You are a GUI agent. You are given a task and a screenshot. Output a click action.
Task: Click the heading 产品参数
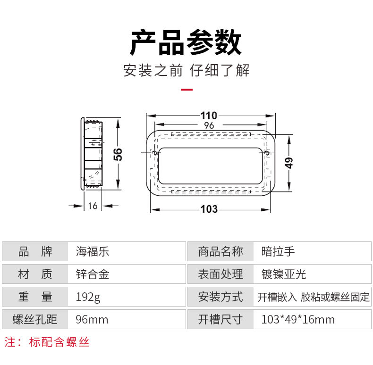[186, 43]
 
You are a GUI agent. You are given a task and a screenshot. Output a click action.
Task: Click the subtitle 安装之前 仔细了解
[186, 71]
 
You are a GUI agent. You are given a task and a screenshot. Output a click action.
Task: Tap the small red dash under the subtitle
[187, 89]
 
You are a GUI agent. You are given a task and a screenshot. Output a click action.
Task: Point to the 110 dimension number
[209, 116]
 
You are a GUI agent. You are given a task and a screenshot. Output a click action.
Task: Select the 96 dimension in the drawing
[209, 125]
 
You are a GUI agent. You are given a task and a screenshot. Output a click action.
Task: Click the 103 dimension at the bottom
[209, 209]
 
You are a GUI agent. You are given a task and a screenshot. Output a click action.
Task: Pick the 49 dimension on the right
[289, 162]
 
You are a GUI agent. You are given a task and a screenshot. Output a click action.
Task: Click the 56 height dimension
[119, 154]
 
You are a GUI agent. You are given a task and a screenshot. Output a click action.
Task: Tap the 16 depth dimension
[93, 206]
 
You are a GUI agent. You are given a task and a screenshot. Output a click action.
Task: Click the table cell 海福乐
[93, 251]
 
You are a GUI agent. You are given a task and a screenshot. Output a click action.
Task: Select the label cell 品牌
[35, 251]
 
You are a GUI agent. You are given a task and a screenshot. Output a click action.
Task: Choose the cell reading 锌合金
[93, 274]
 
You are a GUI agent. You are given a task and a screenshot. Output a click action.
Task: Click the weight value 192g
[88, 297]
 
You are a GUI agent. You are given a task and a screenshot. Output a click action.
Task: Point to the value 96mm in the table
[92, 320]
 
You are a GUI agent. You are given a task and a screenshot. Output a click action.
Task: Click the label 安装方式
[220, 297]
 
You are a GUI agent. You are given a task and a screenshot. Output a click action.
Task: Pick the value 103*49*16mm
[298, 320]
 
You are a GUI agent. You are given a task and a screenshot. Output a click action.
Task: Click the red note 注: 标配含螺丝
[47, 342]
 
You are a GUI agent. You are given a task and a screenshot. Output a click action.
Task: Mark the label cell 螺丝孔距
[35, 320]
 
